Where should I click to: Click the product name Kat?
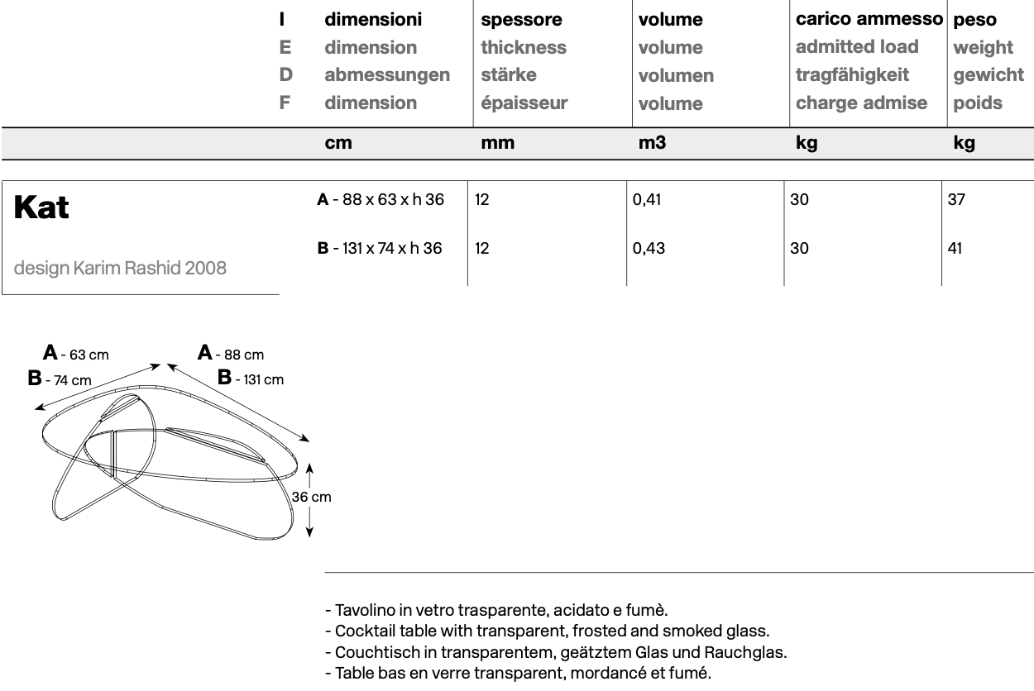41,209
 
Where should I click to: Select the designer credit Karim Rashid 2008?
120,268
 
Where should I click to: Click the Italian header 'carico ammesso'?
869,18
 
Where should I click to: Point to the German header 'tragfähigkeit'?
852,74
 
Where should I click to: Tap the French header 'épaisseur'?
524,103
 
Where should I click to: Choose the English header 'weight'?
983,47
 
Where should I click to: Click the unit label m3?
652,143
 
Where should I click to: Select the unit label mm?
497,143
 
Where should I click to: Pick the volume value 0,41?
648,200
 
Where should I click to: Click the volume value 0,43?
648,248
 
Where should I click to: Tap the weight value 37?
956,200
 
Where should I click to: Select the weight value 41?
955,248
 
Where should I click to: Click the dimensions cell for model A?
380,200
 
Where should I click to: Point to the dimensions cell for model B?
380,248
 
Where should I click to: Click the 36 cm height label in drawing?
311,497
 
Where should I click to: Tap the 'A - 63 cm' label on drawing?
75,355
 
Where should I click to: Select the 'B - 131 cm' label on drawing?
250,379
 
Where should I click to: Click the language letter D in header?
285,74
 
